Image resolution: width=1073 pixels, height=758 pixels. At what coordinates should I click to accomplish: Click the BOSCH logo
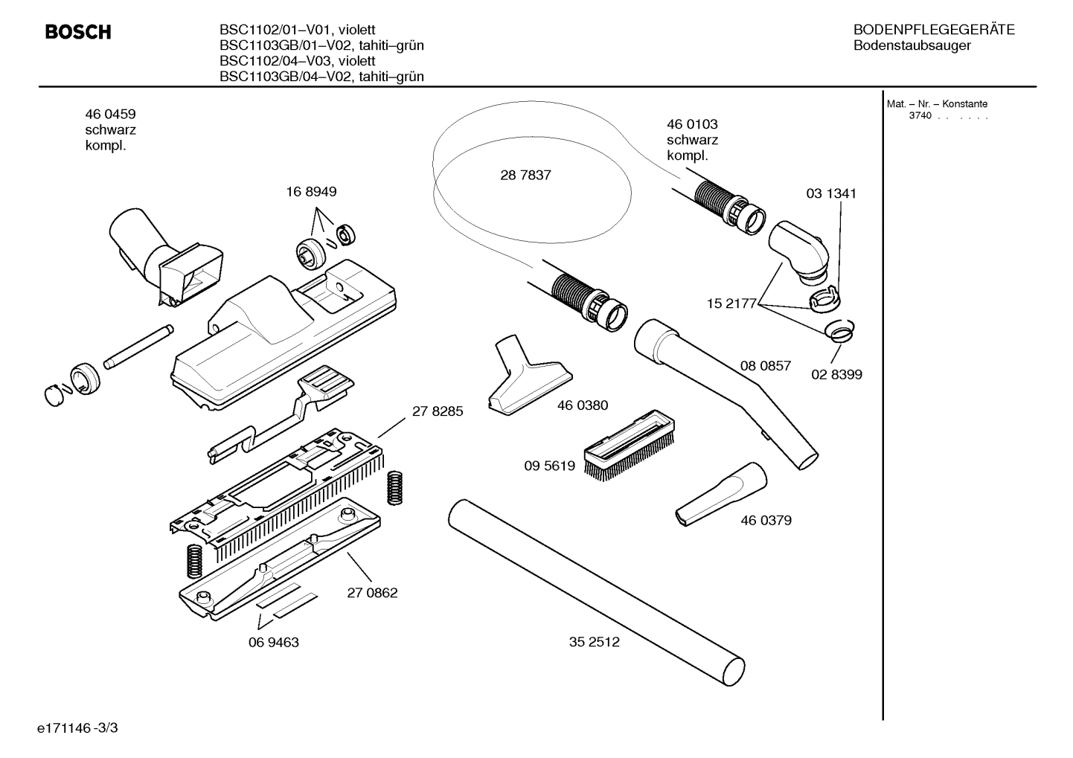click(77, 32)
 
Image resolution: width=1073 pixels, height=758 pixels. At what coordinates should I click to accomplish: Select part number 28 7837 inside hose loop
click(525, 176)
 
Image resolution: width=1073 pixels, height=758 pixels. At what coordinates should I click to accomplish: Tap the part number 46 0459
click(110, 114)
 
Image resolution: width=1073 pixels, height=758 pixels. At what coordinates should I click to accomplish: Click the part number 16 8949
click(311, 192)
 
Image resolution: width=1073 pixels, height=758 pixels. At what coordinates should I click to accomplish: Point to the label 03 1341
click(831, 193)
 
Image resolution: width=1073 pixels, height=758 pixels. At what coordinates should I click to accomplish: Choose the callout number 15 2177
click(731, 303)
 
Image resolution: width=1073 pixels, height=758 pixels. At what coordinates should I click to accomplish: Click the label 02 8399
click(836, 375)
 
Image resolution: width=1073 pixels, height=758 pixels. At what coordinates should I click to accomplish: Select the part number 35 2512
click(594, 642)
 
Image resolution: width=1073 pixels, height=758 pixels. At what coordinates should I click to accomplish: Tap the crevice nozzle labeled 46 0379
click(720, 495)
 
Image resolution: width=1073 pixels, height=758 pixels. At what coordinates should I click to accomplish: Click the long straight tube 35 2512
click(595, 588)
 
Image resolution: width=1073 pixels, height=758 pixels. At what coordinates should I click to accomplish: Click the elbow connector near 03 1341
click(798, 249)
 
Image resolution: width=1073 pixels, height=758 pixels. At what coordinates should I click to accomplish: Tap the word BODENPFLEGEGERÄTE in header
click(934, 30)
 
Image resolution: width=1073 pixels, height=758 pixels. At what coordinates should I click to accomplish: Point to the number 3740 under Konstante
click(920, 116)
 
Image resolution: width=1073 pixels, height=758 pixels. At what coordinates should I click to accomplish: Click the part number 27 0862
click(372, 593)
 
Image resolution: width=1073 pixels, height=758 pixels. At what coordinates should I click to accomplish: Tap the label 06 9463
click(273, 642)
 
